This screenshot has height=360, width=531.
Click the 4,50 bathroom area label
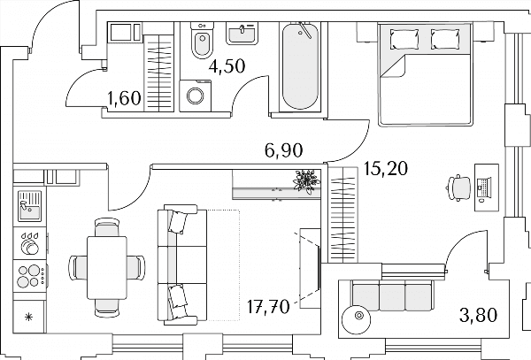[x=227, y=66]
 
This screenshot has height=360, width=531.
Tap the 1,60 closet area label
[x=124, y=98]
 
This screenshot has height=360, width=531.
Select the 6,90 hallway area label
[x=284, y=150]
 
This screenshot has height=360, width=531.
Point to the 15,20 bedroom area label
[x=385, y=168]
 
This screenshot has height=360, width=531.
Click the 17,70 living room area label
[x=268, y=307]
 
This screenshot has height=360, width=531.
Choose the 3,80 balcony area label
[x=479, y=315]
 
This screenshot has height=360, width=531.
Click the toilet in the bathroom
[x=202, y=40]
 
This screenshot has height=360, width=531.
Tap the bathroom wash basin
[x=242, y=34]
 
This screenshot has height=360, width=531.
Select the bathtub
[x=300, y=66]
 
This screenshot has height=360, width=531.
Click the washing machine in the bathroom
[x=195, y=96]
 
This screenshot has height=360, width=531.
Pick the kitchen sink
[x=30, y=206]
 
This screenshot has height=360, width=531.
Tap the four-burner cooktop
[x=30, y=276]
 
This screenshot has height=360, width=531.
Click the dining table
[x=107, y=268]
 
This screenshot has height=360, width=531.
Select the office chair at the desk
[x=459, y=188]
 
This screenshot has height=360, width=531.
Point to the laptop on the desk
[x=484, y=188]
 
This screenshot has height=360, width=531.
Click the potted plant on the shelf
[x=306, y=181]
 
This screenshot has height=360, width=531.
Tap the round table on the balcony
[x=357, y=319]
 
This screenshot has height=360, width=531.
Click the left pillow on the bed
[x=404, y=39]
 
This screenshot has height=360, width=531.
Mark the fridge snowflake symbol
[x=29, y=317]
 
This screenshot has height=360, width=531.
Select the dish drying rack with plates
[x=30, y=243]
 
